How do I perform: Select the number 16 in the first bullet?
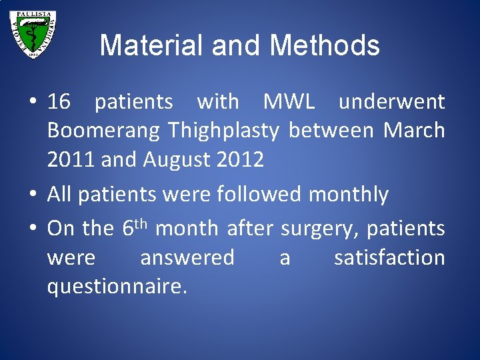(x=59, y=102)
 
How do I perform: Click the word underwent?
(x=391, y=102)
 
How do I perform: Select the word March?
(x=414, y=131)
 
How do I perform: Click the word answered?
(x=187, y=257)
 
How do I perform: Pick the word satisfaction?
(x=389, y=257)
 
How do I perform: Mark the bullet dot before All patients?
(x=33, y=195)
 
